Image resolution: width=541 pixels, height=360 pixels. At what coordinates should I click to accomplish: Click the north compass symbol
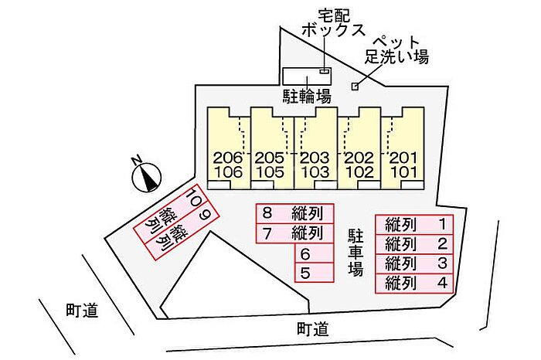145,177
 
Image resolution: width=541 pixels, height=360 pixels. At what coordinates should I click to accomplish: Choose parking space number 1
417,225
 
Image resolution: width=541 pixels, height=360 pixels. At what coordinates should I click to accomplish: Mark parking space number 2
417,244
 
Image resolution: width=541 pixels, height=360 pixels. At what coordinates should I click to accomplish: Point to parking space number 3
417,264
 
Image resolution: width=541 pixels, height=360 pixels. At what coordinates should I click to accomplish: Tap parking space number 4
417,284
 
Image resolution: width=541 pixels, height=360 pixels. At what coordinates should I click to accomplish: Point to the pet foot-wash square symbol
356,86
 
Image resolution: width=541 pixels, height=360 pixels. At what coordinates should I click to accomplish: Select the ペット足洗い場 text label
396,49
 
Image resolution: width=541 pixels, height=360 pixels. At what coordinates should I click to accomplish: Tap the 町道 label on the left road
81,311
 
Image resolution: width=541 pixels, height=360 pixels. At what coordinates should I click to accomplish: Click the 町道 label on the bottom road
312,329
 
